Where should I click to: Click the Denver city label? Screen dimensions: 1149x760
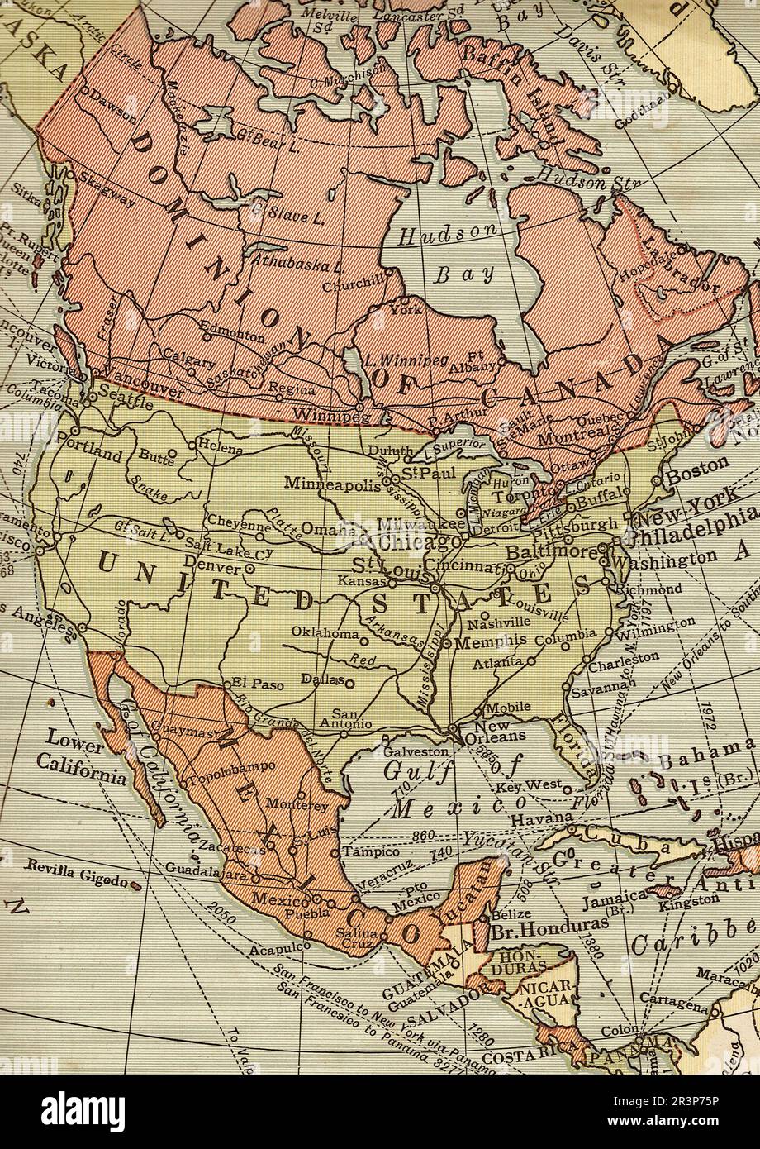point(211,563)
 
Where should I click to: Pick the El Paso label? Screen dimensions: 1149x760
point(252,684)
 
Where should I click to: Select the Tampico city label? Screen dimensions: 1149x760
point(371,851)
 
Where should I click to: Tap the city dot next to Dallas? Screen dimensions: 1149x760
point(349,684)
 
